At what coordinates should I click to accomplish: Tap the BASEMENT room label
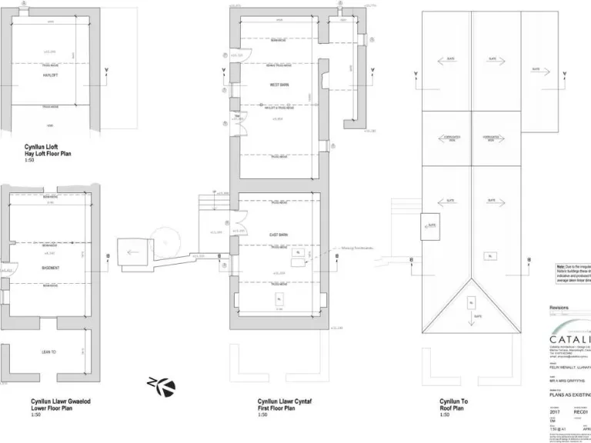(x=51, y=268)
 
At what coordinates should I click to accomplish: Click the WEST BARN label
(x=279, y=85)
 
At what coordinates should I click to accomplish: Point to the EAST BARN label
(x=279, y=234)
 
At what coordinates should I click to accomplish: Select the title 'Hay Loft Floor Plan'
(x=52, y=154)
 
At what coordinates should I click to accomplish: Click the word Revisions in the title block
(x=559, y=308)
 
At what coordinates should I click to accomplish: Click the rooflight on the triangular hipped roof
(x=472, y=303)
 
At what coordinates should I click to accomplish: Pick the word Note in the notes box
(x=561, y=265)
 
